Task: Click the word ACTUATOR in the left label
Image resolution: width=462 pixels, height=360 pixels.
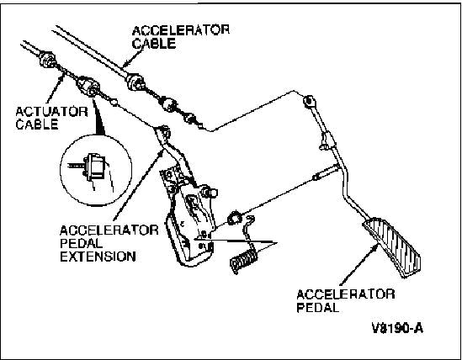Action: [51, 112]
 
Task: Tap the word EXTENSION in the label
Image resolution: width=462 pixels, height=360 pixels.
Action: [98, 257]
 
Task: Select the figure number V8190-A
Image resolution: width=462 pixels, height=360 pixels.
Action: [397, 328]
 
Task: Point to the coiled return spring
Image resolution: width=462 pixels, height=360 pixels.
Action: [243, 261]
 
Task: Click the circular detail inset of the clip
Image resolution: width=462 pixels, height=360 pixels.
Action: [96, 170]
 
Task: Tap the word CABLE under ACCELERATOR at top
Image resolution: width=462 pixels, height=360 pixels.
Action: [154, 44]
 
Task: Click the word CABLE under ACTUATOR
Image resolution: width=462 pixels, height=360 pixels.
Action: [37, 124]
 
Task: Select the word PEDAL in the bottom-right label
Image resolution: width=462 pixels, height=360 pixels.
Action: [317, 308]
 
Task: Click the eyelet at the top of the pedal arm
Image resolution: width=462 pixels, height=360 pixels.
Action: [309, 101]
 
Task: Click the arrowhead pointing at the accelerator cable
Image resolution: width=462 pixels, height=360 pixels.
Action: [125, 64]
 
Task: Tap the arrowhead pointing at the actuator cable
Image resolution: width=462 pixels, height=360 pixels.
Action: [62, 75]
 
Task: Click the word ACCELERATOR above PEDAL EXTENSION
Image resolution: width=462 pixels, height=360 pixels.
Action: [109, 230]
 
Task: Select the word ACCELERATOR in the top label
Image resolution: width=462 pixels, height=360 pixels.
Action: [181, 30]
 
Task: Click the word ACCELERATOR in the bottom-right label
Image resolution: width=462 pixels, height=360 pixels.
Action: [346, 294]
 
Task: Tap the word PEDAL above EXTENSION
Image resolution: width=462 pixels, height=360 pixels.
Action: [82, 244]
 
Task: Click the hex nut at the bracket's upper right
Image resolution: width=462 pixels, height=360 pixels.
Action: [210, 193]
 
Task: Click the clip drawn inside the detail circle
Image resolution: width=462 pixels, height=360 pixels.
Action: [94, 167]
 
